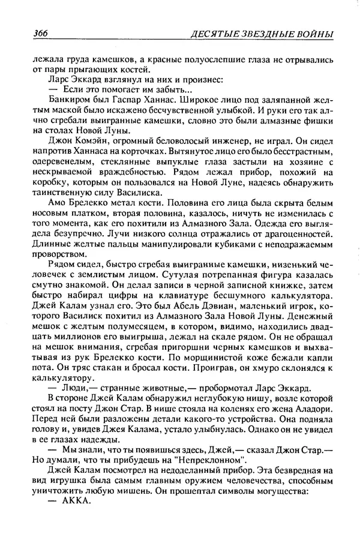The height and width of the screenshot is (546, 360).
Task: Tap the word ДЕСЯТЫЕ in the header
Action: click(x=214, y=34)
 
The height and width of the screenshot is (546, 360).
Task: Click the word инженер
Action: click(x=244, y=139)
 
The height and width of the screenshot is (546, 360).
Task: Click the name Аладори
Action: click(x=312, y=411)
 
